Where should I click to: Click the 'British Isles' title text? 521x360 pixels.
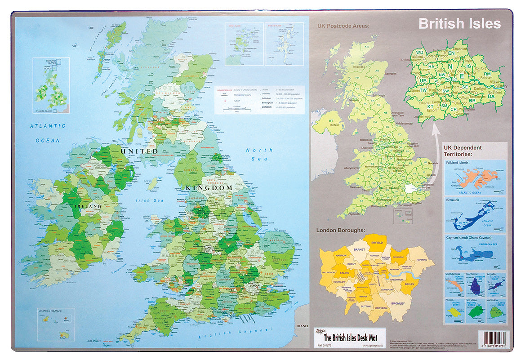pyautogui.click(x=459, y=23)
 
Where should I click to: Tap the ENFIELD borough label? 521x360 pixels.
pyautogui.click(x=377, y=242)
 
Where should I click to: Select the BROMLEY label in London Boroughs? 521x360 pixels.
pyautogui.click(x=398, y=303)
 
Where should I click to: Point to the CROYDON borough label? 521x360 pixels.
pyautogui.click(x=381, y=308)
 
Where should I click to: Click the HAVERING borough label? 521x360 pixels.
pyautogui.click(x=422, y=260)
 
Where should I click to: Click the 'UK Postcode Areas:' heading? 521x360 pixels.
pyautogui.click(x=343, y=26)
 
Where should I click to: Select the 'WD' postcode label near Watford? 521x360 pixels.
pyautogui.click(x=420, y=52)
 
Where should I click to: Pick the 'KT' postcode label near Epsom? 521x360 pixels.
pyautogui.click(x=430, y=94)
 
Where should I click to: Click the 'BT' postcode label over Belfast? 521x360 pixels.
pyautogui.click(x=333, y=121)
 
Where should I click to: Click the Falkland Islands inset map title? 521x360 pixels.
pyautogui.click(x=457, y=163)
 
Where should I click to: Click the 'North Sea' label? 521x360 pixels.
pyautogui.click(x=259, y=154)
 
